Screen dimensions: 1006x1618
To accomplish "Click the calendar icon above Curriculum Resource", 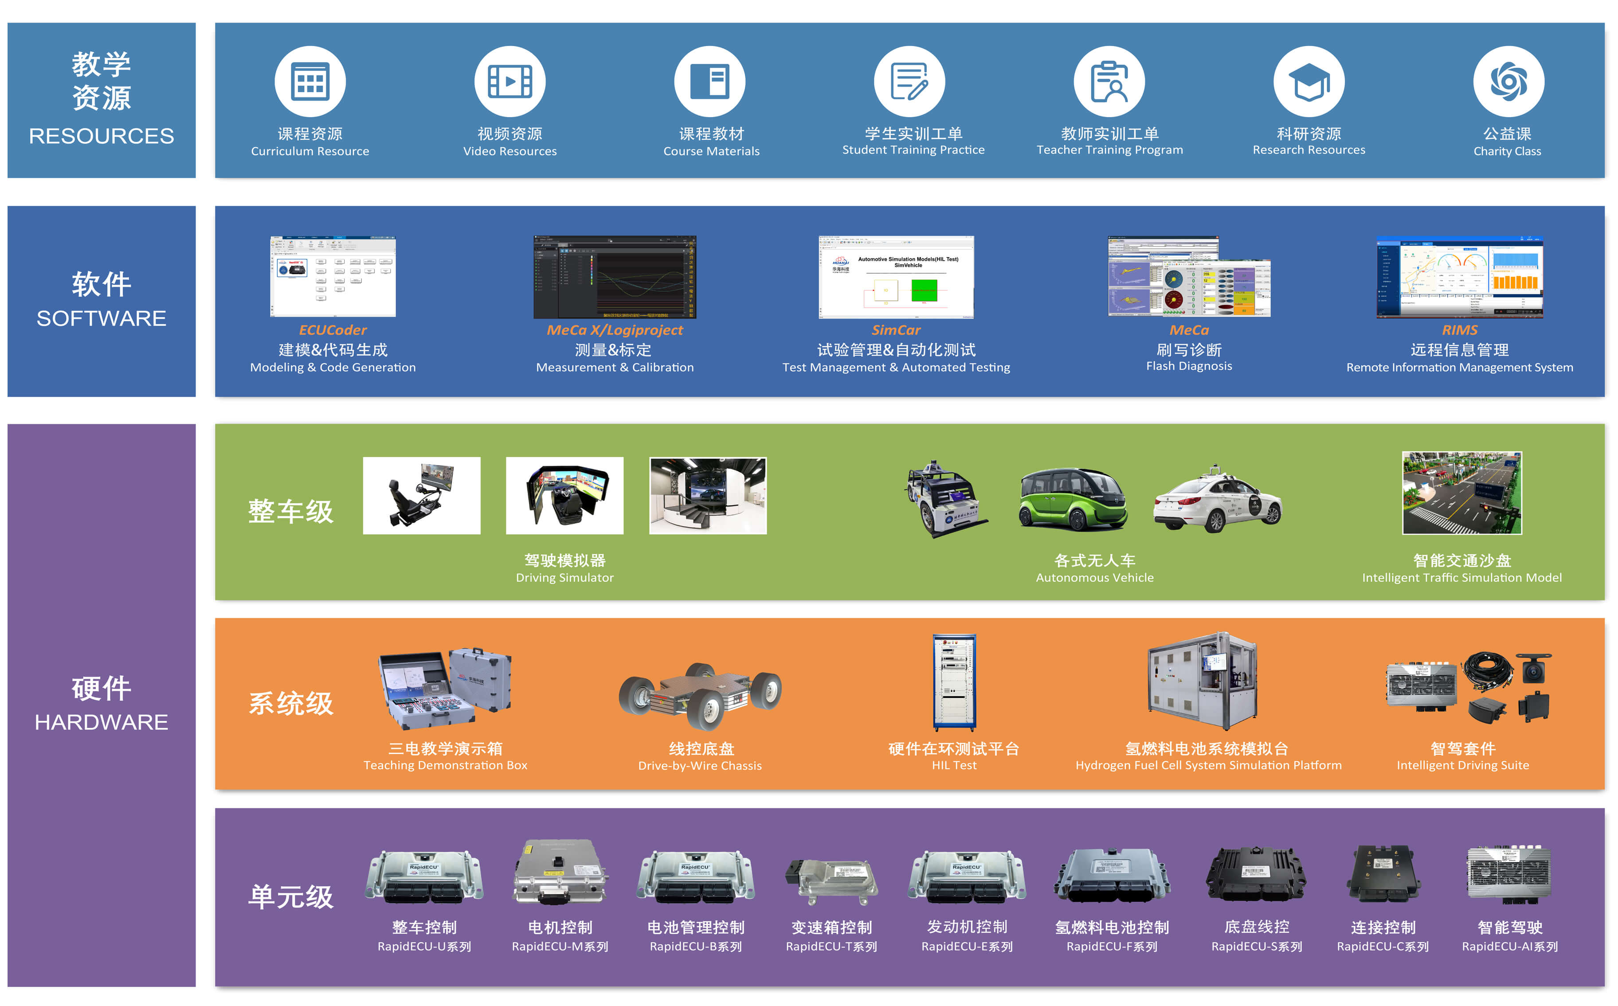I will point(310,82).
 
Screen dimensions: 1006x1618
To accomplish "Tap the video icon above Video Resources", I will point(509,82).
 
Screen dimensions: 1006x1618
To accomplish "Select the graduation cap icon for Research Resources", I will point(1309,82).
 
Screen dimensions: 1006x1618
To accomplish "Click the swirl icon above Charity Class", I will point(1508,82).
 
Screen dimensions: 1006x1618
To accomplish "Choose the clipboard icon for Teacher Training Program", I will point(1109,82).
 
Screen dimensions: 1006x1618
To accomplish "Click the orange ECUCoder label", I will point(333,330).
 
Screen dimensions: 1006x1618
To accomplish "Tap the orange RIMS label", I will point(1460,330).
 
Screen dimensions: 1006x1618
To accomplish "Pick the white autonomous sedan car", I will point(1218,500).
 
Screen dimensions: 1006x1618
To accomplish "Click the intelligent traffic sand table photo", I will point(1461,493).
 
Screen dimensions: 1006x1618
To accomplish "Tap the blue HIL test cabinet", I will point(954,682).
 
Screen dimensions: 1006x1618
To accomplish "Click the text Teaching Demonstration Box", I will point(445,766).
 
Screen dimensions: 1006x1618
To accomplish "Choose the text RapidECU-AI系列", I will point(1509,947).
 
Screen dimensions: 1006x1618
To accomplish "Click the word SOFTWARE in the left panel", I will point(101,319).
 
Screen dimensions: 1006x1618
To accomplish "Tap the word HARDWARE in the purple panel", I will point(101,723).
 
